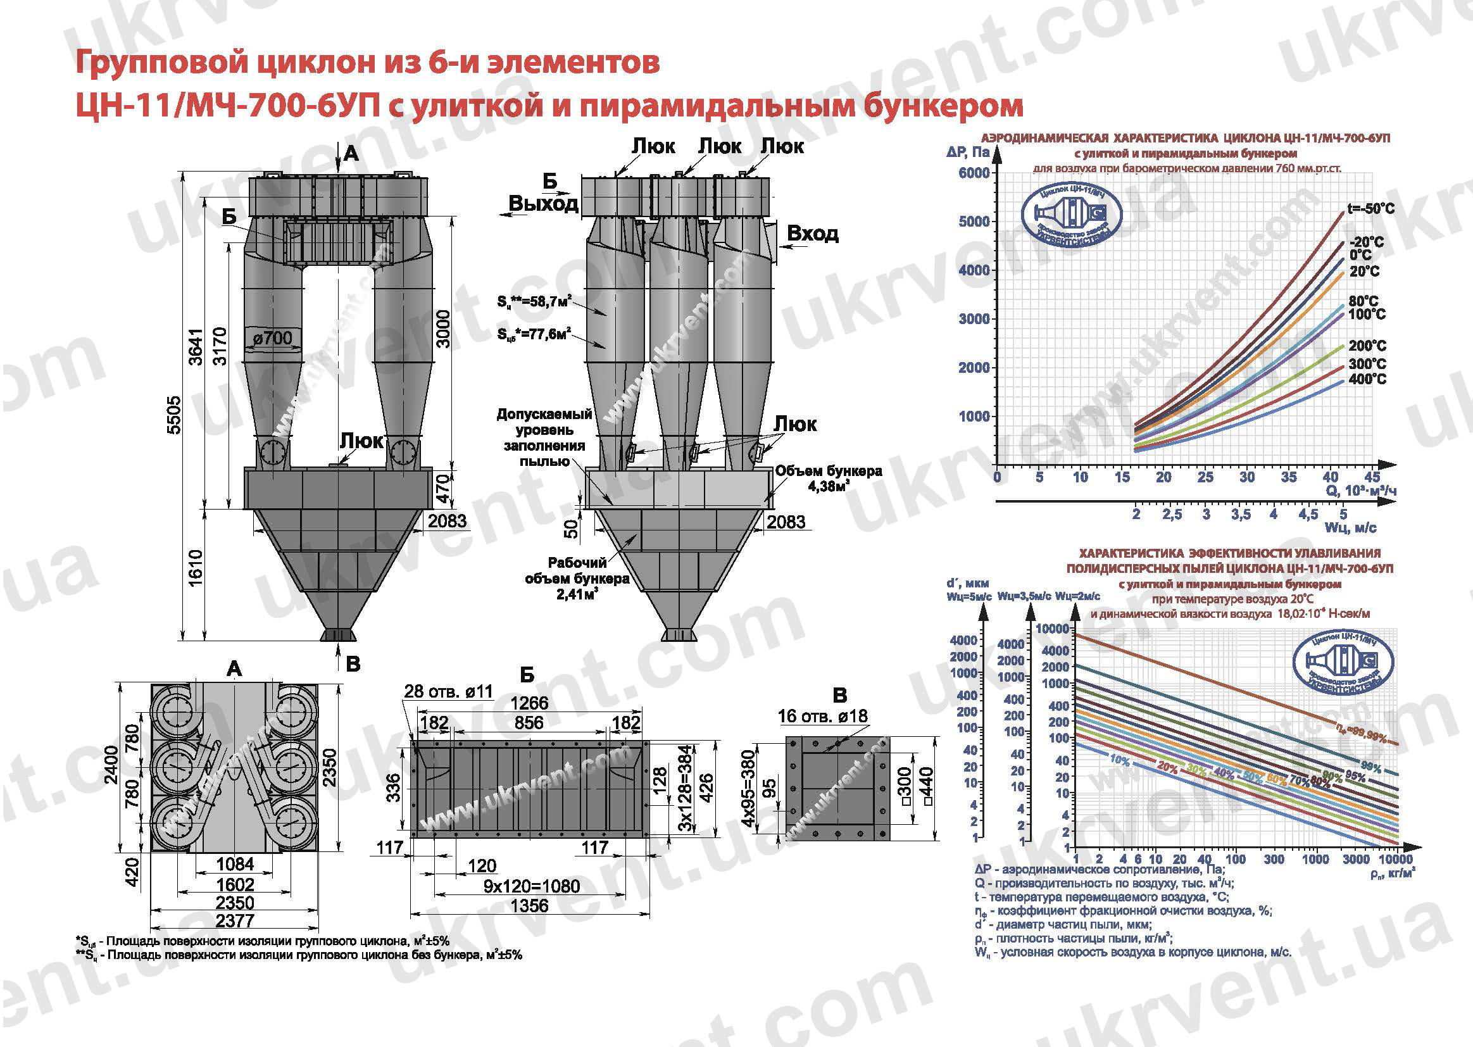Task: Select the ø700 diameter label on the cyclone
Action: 273,337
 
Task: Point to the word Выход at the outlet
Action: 542,204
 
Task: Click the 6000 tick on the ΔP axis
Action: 974,173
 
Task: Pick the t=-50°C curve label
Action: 1370,209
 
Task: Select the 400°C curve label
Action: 1367,379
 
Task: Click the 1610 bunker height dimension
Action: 196,567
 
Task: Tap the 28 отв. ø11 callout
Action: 448,692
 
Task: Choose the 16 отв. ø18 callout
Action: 822,716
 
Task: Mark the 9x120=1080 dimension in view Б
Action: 531,886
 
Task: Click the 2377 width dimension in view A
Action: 235,920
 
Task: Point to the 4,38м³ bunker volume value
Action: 828,487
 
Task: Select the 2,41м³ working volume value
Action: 577,594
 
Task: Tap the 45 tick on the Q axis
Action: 1372,477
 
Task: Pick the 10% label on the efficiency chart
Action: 1120,761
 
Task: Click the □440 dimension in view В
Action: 927,786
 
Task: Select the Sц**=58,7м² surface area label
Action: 534,301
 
